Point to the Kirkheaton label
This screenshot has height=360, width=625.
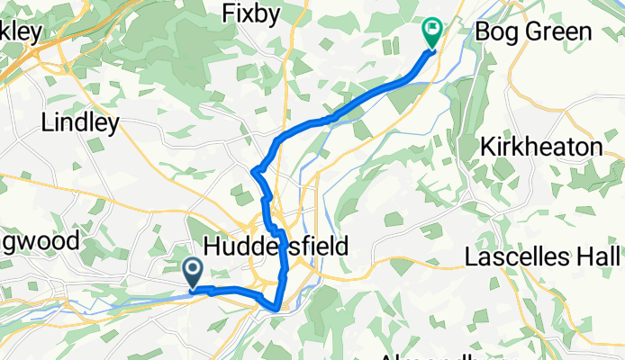[x=553, y=146]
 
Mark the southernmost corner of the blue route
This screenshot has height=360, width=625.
[x=274, y=310]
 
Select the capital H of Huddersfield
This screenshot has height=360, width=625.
[x=213, y=247]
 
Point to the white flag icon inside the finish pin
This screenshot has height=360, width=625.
[x=431, y=31]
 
